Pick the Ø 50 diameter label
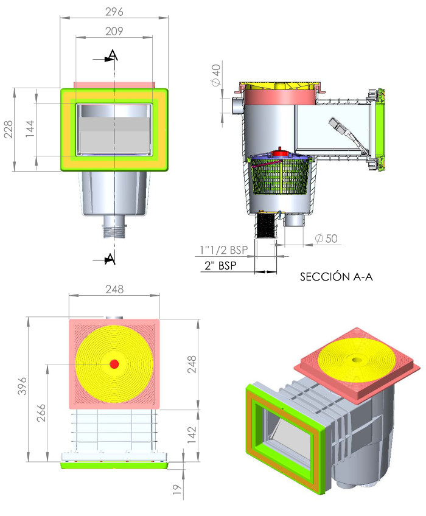[x=326, y=238]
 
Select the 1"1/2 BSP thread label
[x=223, y=249]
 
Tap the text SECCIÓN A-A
[x=336, y=277]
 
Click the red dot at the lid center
[x=114, y=364]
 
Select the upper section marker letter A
[x=113, y=56]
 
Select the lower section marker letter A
[x=110, y=259]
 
